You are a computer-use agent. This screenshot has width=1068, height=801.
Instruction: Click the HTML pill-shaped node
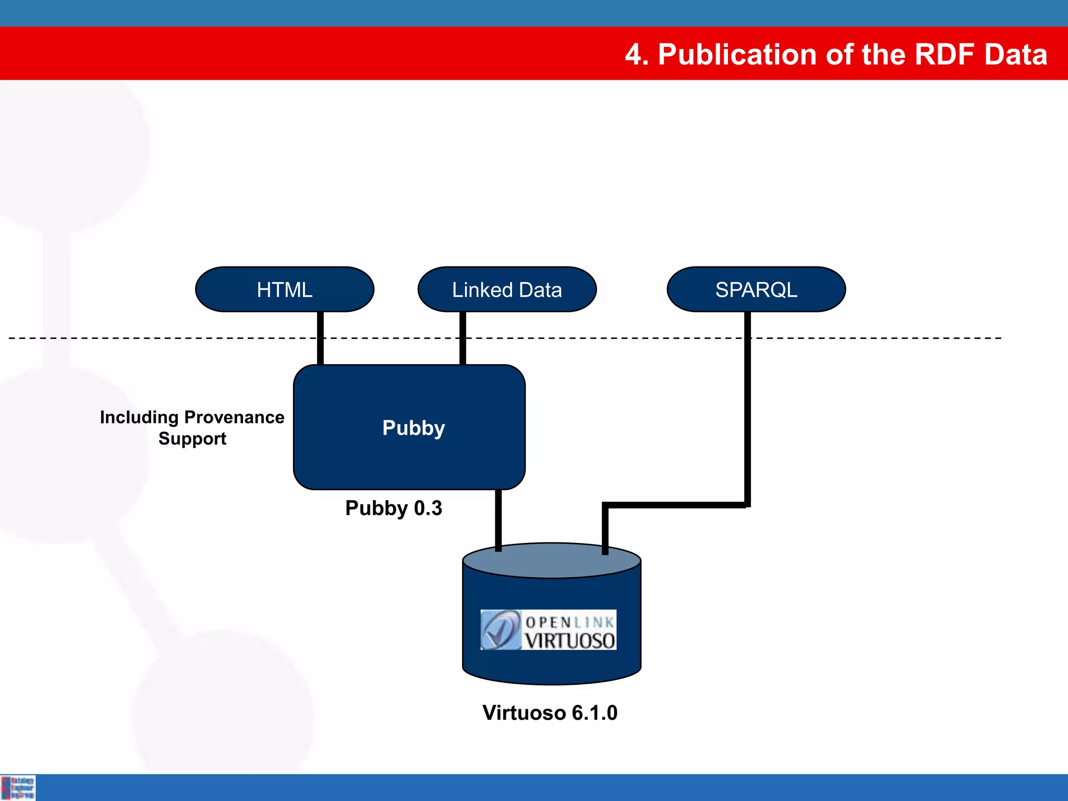click(284, 289)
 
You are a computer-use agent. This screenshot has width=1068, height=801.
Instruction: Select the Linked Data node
click(507, 289)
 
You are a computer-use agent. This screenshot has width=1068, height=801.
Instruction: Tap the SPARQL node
click(756, 289)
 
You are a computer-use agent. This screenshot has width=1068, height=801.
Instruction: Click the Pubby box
click(409, 427)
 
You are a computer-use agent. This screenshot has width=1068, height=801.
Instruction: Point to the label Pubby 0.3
click(394, 508)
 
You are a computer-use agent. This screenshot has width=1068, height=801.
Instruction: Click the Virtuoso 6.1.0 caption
click(550, 712)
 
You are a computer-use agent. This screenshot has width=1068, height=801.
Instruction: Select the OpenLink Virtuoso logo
click(548, 629)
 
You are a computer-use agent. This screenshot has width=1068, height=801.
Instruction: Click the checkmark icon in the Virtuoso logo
click(500, 629)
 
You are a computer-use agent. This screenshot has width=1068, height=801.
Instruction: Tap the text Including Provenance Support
click(192, 427)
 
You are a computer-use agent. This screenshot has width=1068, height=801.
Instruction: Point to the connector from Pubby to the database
click(498, 519)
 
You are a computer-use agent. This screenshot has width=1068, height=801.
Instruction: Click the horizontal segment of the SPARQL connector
click(675, 505)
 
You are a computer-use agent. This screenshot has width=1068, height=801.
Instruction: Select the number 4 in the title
click(633, 54)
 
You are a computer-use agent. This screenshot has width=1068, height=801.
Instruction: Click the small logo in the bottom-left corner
click(18, 787)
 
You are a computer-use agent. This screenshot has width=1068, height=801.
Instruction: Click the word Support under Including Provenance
click(192, 439)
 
